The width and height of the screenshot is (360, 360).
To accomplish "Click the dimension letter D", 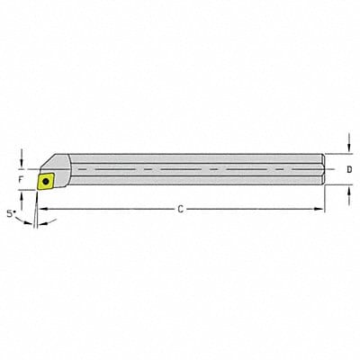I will [x=349, y=168].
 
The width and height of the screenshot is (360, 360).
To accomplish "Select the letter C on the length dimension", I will [x=180, y=209].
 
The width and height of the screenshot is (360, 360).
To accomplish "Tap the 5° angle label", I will [x=12, y=214].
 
